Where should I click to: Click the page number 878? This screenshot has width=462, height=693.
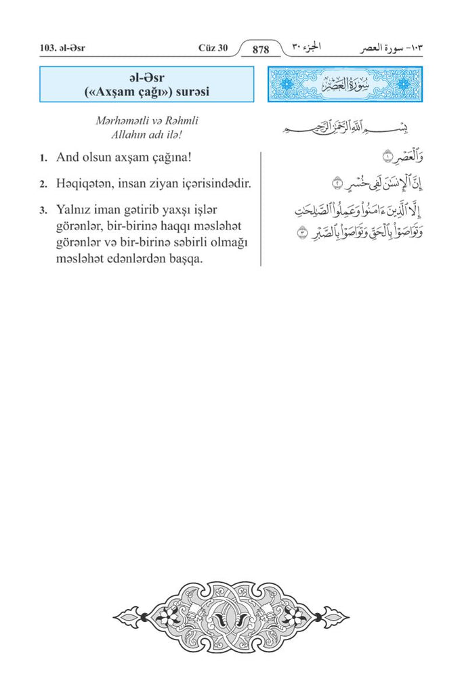pos(261,49)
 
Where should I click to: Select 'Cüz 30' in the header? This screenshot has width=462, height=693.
pos(213,49)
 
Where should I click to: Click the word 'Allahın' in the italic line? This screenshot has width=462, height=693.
pos(133,134)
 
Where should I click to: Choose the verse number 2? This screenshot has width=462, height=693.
pos(43,184)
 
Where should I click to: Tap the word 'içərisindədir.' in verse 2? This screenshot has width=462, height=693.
pos(213,183)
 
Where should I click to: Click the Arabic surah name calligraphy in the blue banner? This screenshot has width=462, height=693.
pos(345,86)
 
